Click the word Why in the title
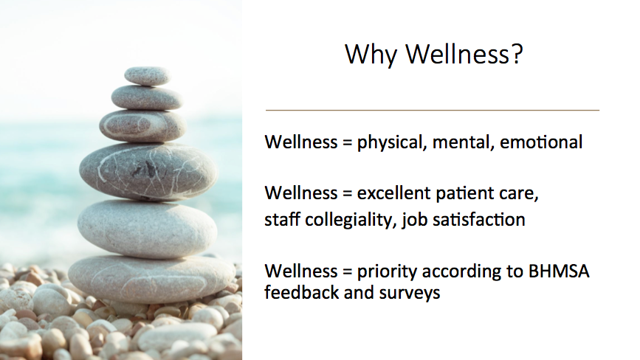pyautogui.click(x=371, y=55)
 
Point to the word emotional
pyautogui.click(x=541, y=142)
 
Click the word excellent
pyautogui.click(x=393, y=193)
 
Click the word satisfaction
pyautogui.click(x=479, y=219)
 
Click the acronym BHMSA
pyautogui.click(x=559, y=271)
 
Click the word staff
pyautogui.click(x=282, y=219)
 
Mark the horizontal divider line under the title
pyautogui.click(x=433, y=110)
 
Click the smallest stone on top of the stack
pyautogui.click(x=148, y=76)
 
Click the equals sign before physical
pyautogui.click(x=348, y=142)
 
